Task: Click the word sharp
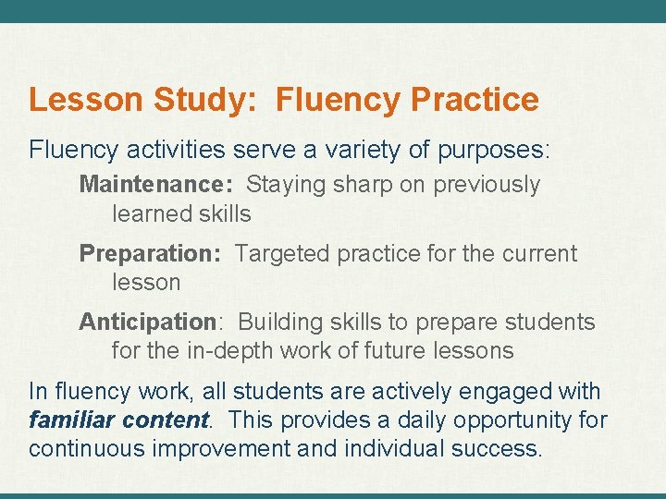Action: coord(361,185)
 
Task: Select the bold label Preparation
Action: coord(149,253)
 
